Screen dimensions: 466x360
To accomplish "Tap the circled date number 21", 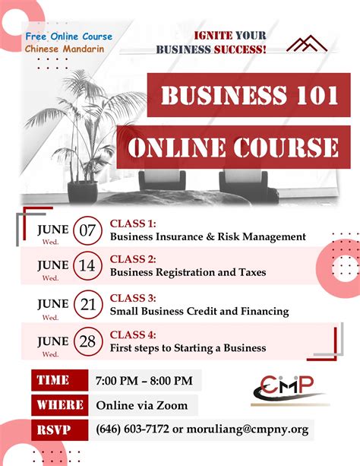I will (x=88, y=306).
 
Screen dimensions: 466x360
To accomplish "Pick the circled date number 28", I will (x=88, y=341).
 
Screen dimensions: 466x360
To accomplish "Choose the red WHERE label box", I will (x=59, y=405).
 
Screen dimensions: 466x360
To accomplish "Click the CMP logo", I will (x=289, y=388).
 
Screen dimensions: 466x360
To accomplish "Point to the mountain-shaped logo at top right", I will (x=306, y=43).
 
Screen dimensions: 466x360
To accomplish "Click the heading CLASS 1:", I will (x=133, y=223).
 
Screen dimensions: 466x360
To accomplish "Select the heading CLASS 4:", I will (x=133, y=335).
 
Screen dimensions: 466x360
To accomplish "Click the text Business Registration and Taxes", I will (x=188, y=272).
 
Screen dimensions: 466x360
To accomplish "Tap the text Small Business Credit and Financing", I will (x=199, y=311).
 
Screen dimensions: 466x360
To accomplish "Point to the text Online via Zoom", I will (x=143, y=405).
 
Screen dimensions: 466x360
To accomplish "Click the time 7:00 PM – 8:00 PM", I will (x=144, y=380).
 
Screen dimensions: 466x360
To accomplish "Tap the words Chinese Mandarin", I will (x=65, y=49).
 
